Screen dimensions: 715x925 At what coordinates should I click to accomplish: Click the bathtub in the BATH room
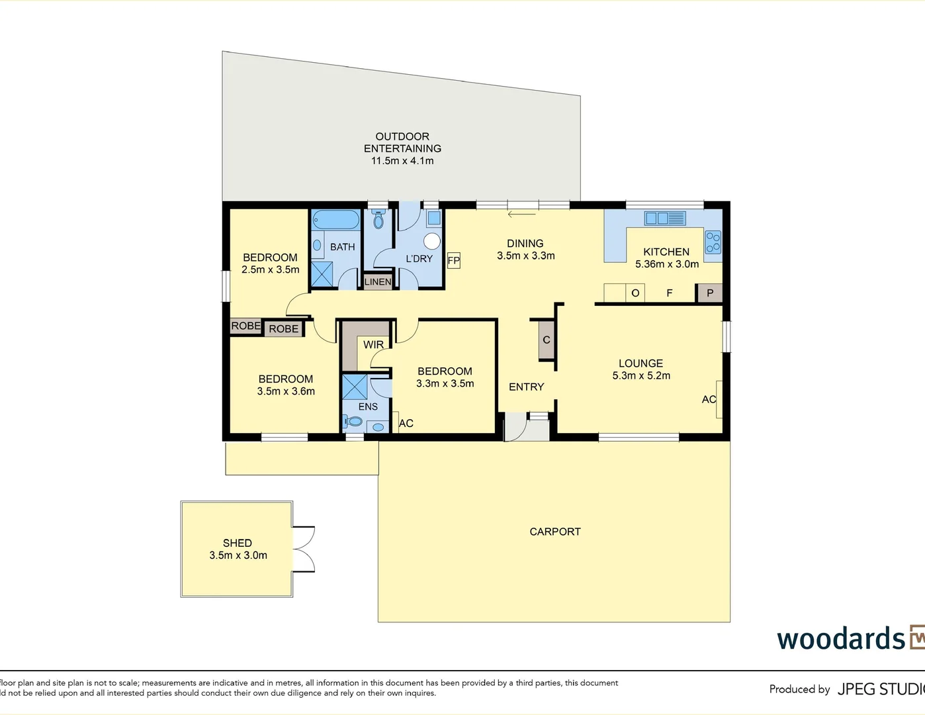(x=335, y=219)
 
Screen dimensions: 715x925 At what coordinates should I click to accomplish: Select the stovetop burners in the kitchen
(x=713, y=242)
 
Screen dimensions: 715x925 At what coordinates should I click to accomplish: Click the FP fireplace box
(x=453, y=260)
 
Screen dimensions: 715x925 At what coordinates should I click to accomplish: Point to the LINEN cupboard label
(x=378, y=281)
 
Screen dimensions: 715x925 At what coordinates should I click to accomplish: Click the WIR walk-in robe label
(x=373, y=344)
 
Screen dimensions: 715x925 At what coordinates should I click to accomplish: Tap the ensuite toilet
(x=353, y=421)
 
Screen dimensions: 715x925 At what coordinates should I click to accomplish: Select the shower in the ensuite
(x=354, y=387)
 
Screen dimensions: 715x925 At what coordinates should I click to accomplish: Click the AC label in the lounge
(x=709, y=399)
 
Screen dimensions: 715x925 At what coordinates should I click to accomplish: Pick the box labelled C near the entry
(x=547, y=340)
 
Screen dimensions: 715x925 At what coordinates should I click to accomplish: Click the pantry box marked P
(x=710, y=293)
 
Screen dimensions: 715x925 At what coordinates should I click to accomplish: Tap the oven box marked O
(x=635, y=293)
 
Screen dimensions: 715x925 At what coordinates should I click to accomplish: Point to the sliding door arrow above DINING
(x=521, y=214)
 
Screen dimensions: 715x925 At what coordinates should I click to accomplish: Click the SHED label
(x=237, y=543)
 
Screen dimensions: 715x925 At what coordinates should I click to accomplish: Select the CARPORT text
(x=555, y=532)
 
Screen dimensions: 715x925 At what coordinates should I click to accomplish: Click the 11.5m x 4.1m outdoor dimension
(x=402, y=161)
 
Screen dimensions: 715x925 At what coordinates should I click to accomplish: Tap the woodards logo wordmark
(x=841, y=639)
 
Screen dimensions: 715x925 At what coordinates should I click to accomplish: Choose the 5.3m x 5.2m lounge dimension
(x=641, y=375)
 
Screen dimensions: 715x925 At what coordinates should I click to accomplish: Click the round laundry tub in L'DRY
(x=433, y=240)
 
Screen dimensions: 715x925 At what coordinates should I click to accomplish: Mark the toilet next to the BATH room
(x=378, y=220)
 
